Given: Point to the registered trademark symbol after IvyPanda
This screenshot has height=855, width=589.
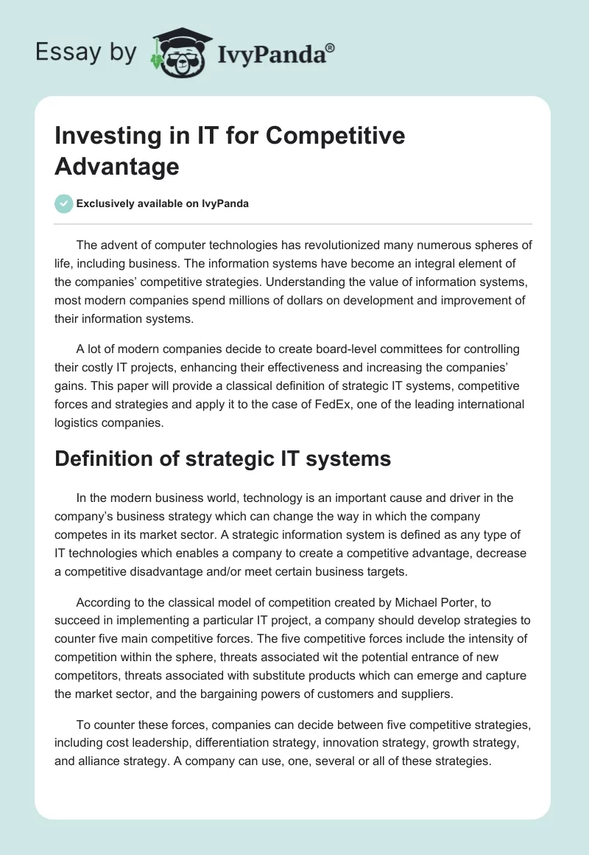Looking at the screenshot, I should tap(331, 46).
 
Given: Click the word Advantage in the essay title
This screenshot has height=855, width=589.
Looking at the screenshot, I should tap(117, 166).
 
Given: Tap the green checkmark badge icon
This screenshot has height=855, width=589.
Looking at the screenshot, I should tap(64, 203).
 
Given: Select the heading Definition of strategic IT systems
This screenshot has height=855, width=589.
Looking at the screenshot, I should tap(222, 458).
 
